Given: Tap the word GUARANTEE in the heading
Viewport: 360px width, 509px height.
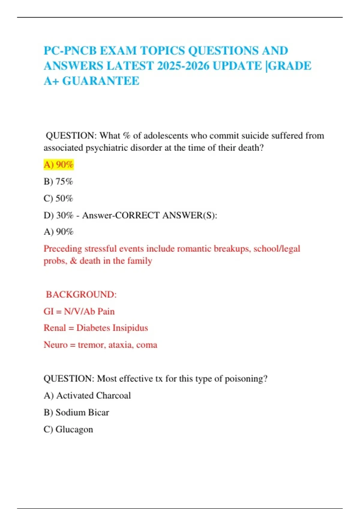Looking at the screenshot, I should pyautogui.click(x=101, y=81).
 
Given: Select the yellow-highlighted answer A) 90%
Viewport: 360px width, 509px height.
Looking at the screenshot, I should pyautogui.click(x=58, y=165).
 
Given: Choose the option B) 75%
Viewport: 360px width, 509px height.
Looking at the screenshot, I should pyautogui.click(x=58, y=181).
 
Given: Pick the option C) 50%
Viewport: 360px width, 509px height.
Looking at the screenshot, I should pyautogui.click(x=58, y=198).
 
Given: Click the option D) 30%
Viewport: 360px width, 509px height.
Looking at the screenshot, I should pyautogui.click(x=58, y=215).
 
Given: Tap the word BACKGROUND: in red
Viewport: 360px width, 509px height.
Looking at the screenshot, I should pyautogui.click(x=81, y=294).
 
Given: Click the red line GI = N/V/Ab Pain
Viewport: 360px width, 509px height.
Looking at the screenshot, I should pyautogui.click(x=79, y=311).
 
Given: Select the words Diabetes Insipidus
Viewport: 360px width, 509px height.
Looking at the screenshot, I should pyautogui.click(x=112, y=328).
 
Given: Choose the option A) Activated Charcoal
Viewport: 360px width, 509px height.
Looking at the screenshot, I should pyautogui.click(x=87, y=396).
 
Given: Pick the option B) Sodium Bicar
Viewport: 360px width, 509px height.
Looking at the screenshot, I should pyautogui.click(x=76, y=412).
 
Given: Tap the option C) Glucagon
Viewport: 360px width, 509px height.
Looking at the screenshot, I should pyautogui.click(x=68, y=429).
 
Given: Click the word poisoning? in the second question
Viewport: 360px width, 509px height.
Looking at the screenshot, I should pyautogui.click(x=246, y=379).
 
